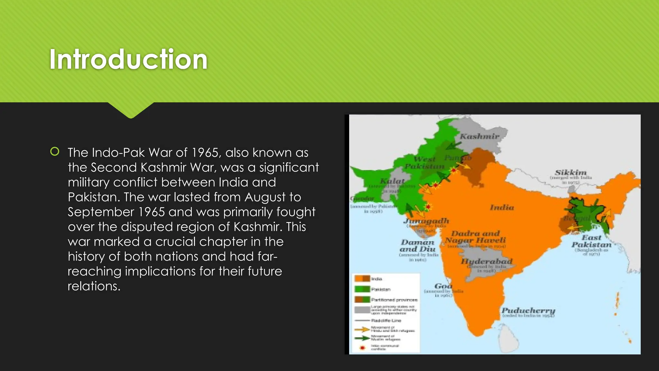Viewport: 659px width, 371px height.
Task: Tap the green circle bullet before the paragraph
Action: click(55, 151)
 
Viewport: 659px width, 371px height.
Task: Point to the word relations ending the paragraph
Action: click(94, 286)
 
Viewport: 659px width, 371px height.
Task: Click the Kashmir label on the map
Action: click(479, 137)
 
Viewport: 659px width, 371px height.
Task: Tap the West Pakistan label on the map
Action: click(424, 163)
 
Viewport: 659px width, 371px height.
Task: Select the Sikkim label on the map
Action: click(571, 173)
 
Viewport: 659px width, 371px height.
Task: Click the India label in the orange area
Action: click(502, 207)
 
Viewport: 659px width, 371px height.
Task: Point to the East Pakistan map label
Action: click(591, 241)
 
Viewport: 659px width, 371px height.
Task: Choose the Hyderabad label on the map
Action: click(487, 261)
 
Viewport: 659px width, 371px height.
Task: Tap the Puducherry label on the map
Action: click(528, 310)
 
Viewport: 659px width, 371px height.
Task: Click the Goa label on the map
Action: click(443, 286)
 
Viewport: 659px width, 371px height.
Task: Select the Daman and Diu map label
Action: click(417, 245)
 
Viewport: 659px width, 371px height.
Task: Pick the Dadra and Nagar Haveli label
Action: click(475, 237)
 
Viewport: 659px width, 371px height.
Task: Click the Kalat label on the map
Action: click(392, 181)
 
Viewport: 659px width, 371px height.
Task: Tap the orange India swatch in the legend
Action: click(362, 279)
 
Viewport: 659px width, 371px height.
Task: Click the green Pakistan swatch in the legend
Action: click(362, 289)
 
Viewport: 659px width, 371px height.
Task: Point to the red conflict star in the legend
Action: click(363, 348)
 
